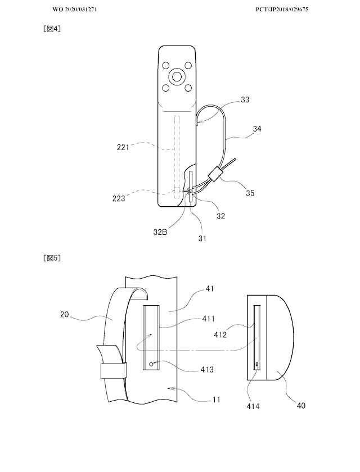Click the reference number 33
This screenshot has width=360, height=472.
[245, 99]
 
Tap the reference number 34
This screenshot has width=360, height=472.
[257, 129]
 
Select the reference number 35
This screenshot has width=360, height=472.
[250, 193]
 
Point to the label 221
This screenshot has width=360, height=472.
[123, 147]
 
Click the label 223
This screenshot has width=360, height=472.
[119, 199]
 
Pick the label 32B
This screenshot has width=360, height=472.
[160, 232]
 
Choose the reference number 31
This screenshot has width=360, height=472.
[202, 238]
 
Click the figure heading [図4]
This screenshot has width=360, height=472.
[52, 29]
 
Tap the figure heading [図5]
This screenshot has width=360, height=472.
[52, 258]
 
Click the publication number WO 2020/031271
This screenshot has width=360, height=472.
[75, 10]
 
